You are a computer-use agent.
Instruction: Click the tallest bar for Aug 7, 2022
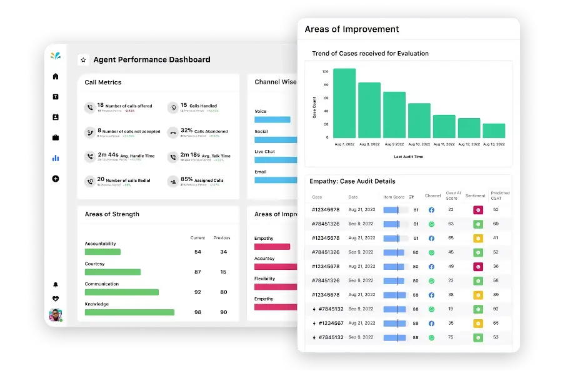(x=344, y=103)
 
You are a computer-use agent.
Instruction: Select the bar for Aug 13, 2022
(x=494, y=131)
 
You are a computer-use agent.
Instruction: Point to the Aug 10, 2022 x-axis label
(x=419, y=144)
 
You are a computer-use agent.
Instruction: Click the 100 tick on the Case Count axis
(x=325, y=72)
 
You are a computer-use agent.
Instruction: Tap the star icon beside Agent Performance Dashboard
(x=83, y=60)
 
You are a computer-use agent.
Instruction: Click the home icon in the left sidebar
(x=56, y=76)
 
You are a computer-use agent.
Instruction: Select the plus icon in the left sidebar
(x=56, y=179)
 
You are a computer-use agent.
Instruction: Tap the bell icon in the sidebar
(x=56, y=285)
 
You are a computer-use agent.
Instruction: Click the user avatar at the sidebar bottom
(x=56, y=315)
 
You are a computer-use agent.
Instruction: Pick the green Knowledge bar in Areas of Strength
(x=129, y=312)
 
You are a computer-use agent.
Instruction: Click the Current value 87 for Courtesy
(x=197, y=272)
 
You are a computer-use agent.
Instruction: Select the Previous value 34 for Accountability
(x=223, y=252)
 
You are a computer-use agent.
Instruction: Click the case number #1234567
(x=331, y=323)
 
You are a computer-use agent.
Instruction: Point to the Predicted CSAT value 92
(x=496, y=309)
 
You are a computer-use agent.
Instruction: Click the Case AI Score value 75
(x=451, y=337)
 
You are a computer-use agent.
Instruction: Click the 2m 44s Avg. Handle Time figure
(x=109, y=156)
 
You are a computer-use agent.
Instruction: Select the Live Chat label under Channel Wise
(x=264, y=152)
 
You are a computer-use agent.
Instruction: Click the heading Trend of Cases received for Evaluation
(x=370, y=54)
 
